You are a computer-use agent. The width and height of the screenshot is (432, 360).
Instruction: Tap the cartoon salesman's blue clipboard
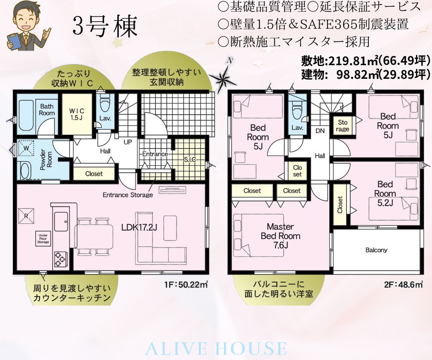coord(15,40)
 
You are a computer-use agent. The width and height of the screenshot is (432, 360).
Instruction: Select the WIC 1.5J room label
coord(77,114)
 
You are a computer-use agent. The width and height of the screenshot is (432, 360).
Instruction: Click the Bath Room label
coord(47,109)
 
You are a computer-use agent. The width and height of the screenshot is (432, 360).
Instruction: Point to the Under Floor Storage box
coord(43,239)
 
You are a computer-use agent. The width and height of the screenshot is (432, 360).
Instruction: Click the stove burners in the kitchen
coord(60,259)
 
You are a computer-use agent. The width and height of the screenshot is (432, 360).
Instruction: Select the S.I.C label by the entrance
coord(190,159)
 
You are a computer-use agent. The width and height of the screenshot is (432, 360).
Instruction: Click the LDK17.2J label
coord(140,227)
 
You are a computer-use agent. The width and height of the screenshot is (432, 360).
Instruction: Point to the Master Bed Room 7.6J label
coord(280,236)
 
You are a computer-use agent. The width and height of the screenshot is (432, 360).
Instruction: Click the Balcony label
coord(376,250)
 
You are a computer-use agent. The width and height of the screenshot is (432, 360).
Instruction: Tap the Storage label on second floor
coord(342,126)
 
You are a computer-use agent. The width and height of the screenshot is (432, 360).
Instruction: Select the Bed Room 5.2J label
coord(385,193)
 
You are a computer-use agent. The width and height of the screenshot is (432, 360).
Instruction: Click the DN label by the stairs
coord(320,131)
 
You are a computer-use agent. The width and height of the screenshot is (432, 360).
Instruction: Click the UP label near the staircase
coord(128,142)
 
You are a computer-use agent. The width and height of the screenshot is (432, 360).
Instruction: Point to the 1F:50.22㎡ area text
coord(186,284)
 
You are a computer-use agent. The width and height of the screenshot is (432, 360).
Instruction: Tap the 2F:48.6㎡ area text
coord(404,284)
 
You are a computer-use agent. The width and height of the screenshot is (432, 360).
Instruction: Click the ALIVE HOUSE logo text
coord(216,348)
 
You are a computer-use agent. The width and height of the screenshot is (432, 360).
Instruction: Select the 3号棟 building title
coord(105,26)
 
